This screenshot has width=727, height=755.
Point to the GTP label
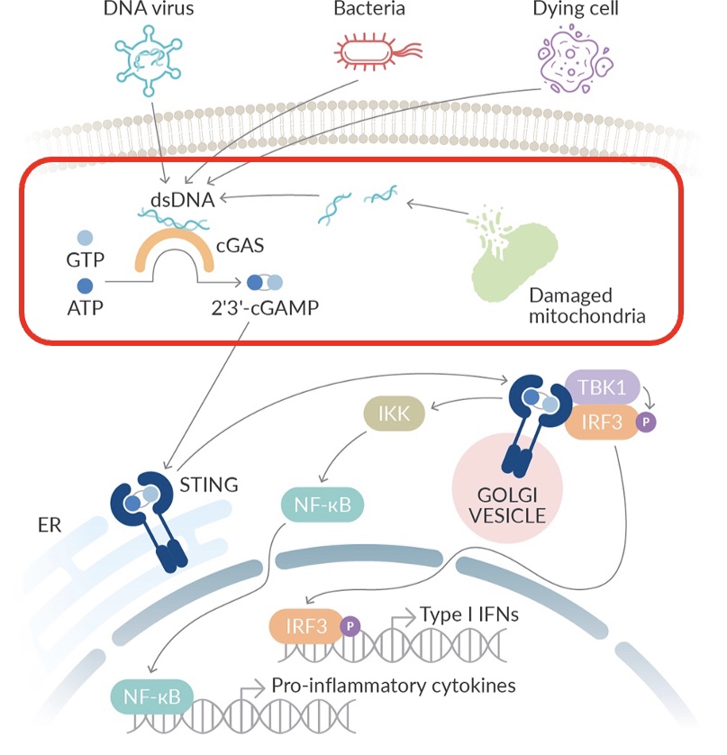[86, 260]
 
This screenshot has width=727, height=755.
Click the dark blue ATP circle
[86, 286]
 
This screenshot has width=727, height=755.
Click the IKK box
[392, 414]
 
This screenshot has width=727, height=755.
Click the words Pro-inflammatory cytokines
[394, 686]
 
